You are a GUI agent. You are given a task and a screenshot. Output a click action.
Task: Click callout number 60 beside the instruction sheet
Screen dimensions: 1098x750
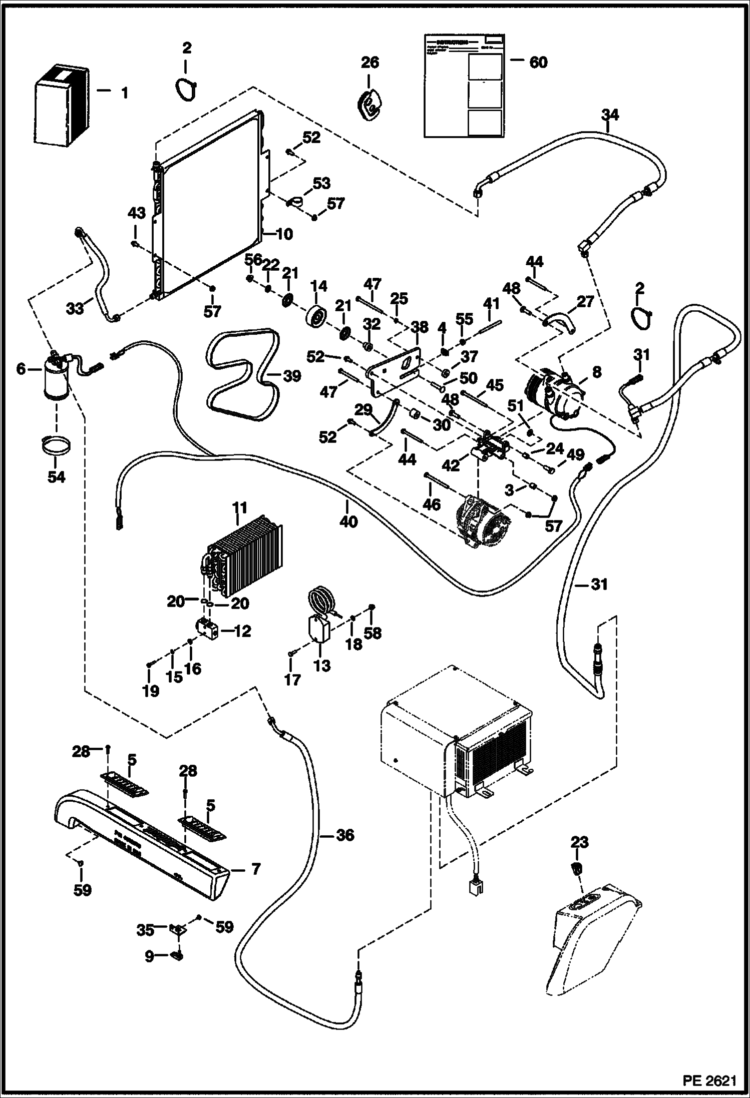(x=538, y=63)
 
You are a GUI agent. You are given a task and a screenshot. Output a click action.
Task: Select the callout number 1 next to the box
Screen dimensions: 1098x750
(x=124, y=93)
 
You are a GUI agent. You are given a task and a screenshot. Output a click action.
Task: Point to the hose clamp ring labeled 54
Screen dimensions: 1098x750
(x=56, y=446)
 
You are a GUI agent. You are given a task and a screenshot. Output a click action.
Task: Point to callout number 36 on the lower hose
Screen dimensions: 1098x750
(x=344, y=835)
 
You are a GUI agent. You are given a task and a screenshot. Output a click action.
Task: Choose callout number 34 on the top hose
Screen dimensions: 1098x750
(x=610, y=115)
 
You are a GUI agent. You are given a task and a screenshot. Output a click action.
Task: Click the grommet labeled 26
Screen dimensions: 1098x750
(x=370, y=104)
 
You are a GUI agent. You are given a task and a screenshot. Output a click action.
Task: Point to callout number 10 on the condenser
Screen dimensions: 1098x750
(x=284, y=234)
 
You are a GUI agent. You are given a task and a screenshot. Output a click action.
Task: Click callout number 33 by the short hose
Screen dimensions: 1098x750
(x=76, y=309)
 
